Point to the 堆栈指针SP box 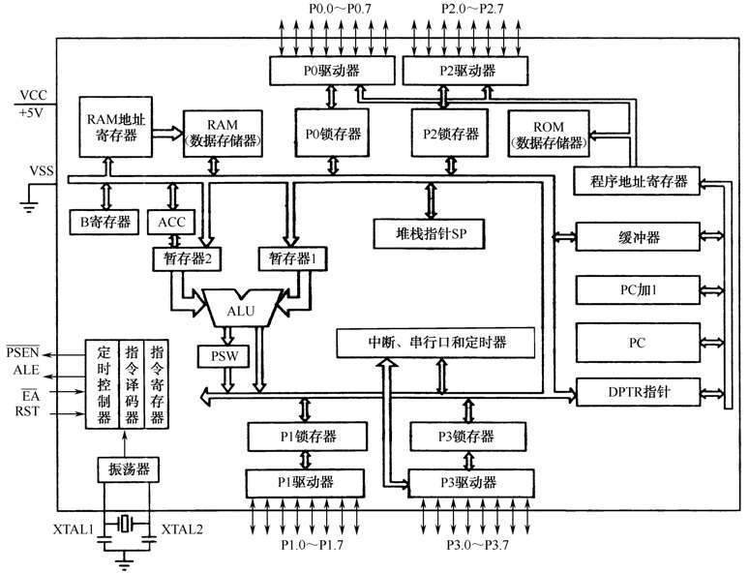point(427,233)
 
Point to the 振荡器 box point(129,471)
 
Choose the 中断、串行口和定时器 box point(437,343)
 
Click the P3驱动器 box point(454,482)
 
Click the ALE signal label point(26,370)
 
